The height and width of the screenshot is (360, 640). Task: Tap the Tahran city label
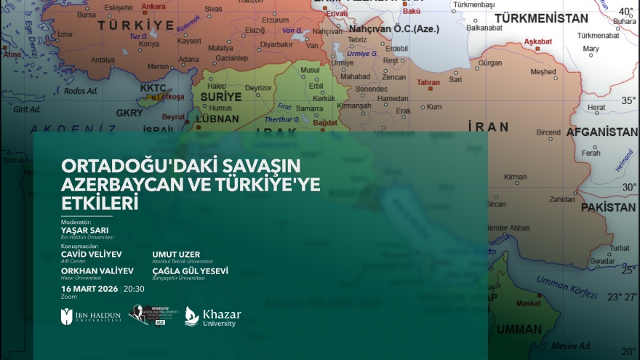coord(428,82)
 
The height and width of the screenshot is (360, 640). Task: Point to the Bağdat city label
coord(324,123)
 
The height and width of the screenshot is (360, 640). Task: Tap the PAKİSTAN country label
coord(607,207)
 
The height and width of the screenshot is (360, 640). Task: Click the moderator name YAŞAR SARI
coord(84,230)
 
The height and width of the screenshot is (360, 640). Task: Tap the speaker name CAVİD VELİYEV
coord(92,254)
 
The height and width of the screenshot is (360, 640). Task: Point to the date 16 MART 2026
coord(89,289)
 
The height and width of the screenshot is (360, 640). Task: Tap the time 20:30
coord(134,289)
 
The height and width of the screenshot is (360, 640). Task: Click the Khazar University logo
coord(212,316)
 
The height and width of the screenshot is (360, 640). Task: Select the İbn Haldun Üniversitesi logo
coord(90,316)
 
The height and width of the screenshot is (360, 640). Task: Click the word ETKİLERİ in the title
coord(100,203)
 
